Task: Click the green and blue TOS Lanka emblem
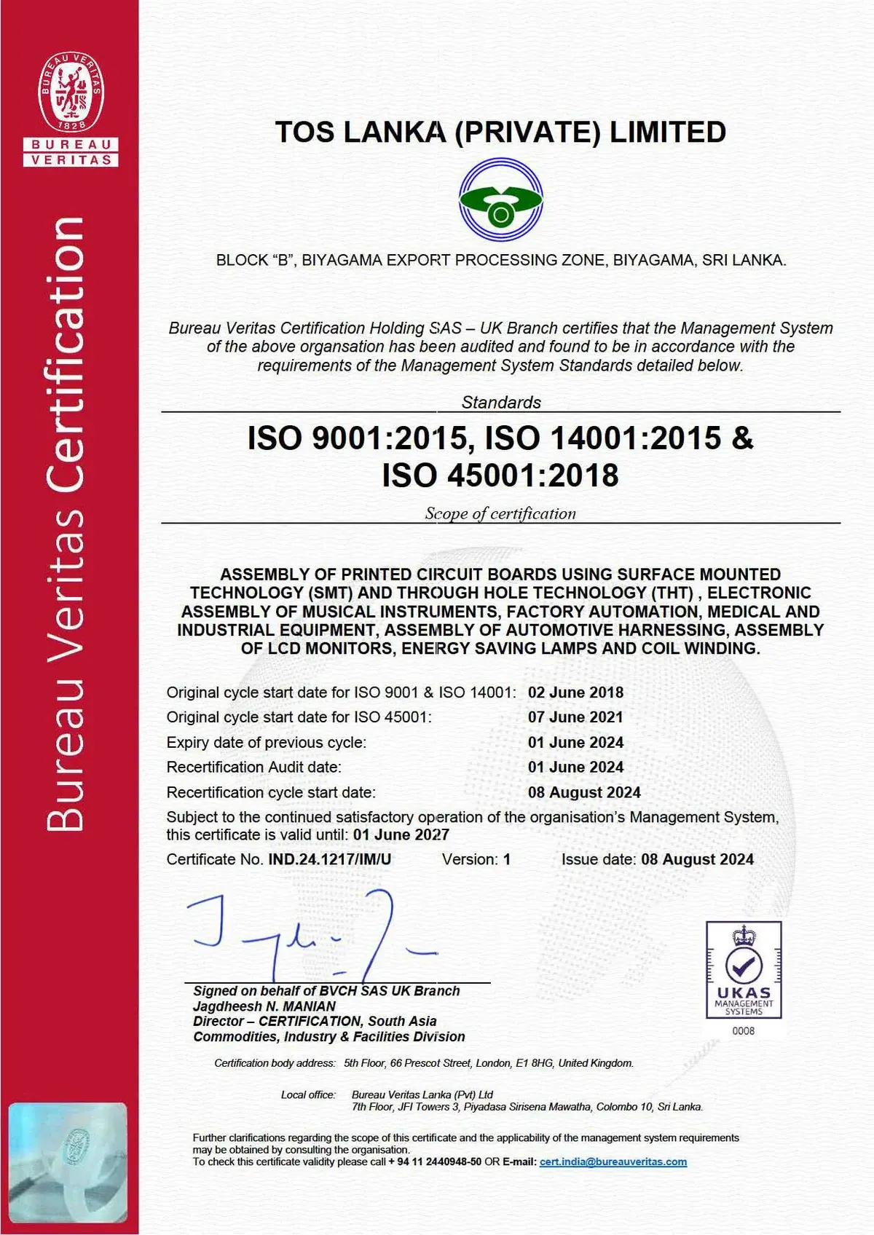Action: coord(500,201)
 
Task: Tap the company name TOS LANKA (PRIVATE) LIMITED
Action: coord(500,133)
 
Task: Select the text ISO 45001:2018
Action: coord(500,476)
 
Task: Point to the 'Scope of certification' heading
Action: coord(500,513)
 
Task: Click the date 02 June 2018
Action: coord(575,693)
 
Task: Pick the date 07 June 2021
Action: coord(575,717)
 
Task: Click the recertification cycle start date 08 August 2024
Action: coord(584,792)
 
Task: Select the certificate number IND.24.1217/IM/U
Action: coord(329,859)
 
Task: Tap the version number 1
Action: coord(507,859)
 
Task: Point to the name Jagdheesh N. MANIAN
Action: coord(264,1006)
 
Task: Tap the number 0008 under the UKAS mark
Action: coord(744,1031)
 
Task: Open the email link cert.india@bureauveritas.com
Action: coord(613,1162)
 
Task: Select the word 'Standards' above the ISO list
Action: coord(501,402)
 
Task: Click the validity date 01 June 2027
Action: coord(401,834)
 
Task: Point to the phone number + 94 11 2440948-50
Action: coord(435,1162)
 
